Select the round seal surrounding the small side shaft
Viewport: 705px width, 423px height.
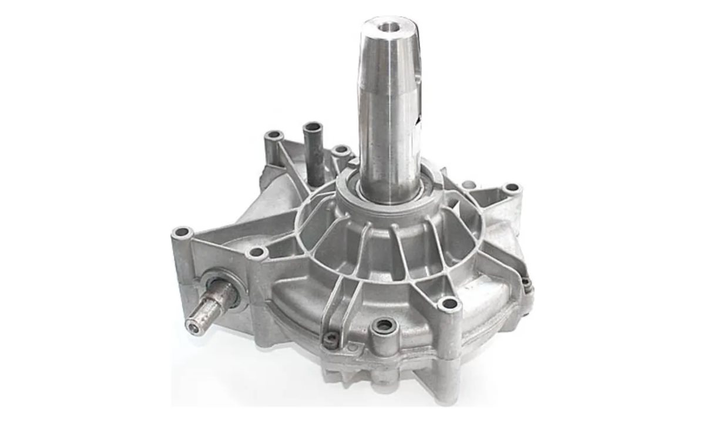tap(226, 287)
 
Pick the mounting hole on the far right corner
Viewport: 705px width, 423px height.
tap(512, 188)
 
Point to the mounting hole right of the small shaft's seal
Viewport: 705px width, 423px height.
tap(256, 253)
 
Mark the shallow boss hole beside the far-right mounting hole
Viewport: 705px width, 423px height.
tap(469, 185)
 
